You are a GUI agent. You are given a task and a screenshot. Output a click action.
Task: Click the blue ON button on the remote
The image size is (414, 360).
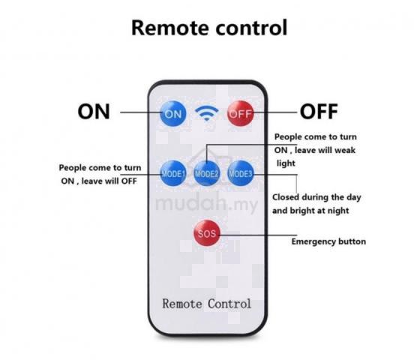pyautogui.click(x=173, y=114)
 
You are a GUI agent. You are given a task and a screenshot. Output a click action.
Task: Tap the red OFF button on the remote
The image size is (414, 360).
pyautogui.click(x=241, y=113)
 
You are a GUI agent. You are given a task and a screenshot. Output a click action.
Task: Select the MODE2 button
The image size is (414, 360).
pyautogui.click(x=207, y=173)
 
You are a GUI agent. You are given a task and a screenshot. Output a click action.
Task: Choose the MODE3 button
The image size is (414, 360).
pyautogui.click(x=241, y=173)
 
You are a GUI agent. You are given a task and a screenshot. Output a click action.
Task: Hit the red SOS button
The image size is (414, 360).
pyautogui.click(x=207, y=233)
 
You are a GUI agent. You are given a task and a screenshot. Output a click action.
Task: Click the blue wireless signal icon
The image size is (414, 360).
pyautogui.click(x=207, y=113)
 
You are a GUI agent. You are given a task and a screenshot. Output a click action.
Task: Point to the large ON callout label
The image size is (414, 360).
pyautogui.click(x=94, y=112)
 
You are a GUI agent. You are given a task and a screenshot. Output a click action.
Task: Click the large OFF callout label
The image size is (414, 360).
pyautogui.click(x=319, y=112)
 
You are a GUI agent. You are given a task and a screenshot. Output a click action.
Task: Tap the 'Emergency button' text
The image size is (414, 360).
pyautogui.click(x=328, y=241)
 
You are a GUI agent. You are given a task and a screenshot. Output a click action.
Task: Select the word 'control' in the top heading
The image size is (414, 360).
pyautogui.click(x=251, y=28)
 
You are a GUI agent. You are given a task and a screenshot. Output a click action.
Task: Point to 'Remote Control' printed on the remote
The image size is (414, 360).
pyautogui.click(x=207, y=304)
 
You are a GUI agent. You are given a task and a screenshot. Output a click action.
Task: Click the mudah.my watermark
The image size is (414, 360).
pyautogui.click(x=206, y=203)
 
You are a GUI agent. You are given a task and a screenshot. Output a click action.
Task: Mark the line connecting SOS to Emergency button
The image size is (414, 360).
pyautogui.click(x=257, y=235)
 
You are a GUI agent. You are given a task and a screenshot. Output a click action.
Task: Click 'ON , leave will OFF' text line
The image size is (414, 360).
pyautogui.click(x=99, y=181)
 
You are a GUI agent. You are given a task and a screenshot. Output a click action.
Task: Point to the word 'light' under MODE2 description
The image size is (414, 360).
pyautogui.click(x=286, y=163)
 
